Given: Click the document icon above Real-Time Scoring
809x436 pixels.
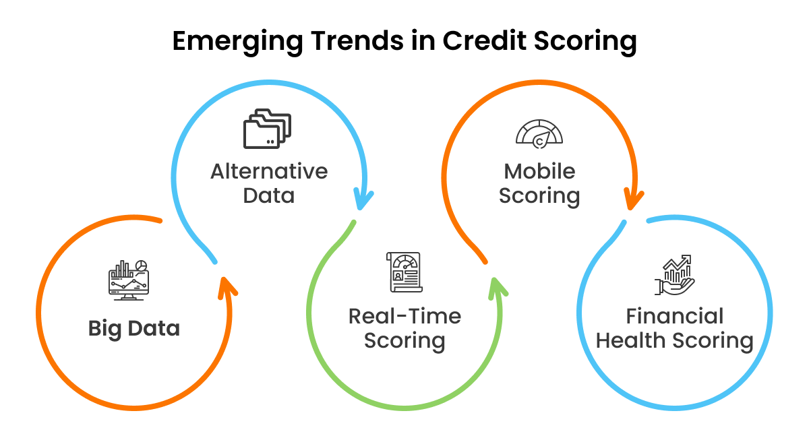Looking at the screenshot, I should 404,272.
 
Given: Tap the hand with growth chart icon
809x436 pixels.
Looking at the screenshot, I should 674,275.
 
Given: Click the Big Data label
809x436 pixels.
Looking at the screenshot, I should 134,328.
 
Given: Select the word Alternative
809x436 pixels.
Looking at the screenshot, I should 269,171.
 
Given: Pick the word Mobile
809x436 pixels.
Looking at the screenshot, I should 539,171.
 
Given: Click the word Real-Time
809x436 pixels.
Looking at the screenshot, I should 404,316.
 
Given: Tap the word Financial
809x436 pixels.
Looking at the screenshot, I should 674,316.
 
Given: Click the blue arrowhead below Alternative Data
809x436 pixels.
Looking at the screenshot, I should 364,199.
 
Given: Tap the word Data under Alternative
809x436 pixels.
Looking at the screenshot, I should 269,195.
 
